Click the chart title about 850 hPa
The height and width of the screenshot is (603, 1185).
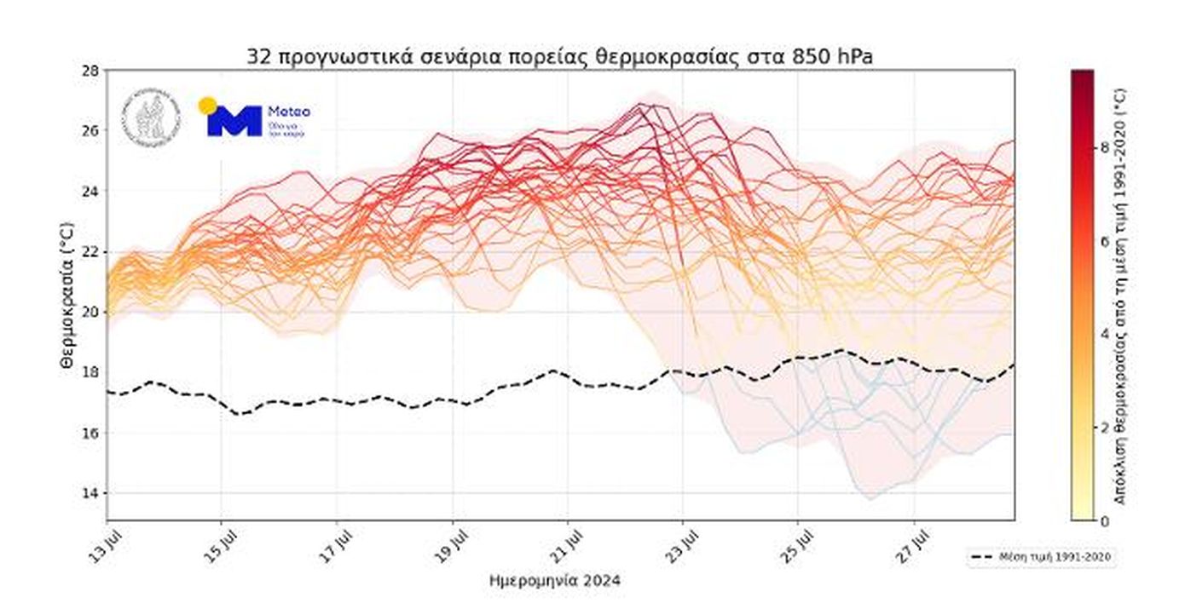click(x=559, y=56)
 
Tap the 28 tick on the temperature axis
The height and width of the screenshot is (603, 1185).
click(x=90, y=70)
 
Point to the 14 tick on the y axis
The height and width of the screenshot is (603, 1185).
click(x=90, y=494)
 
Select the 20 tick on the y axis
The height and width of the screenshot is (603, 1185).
click(x=90, y=313)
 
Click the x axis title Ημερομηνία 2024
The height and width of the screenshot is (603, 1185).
click(x=555, y=581)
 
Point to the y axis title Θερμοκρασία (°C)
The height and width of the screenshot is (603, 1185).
click(x=66, y=294)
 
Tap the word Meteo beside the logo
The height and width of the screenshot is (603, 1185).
click(x=289, y=112)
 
